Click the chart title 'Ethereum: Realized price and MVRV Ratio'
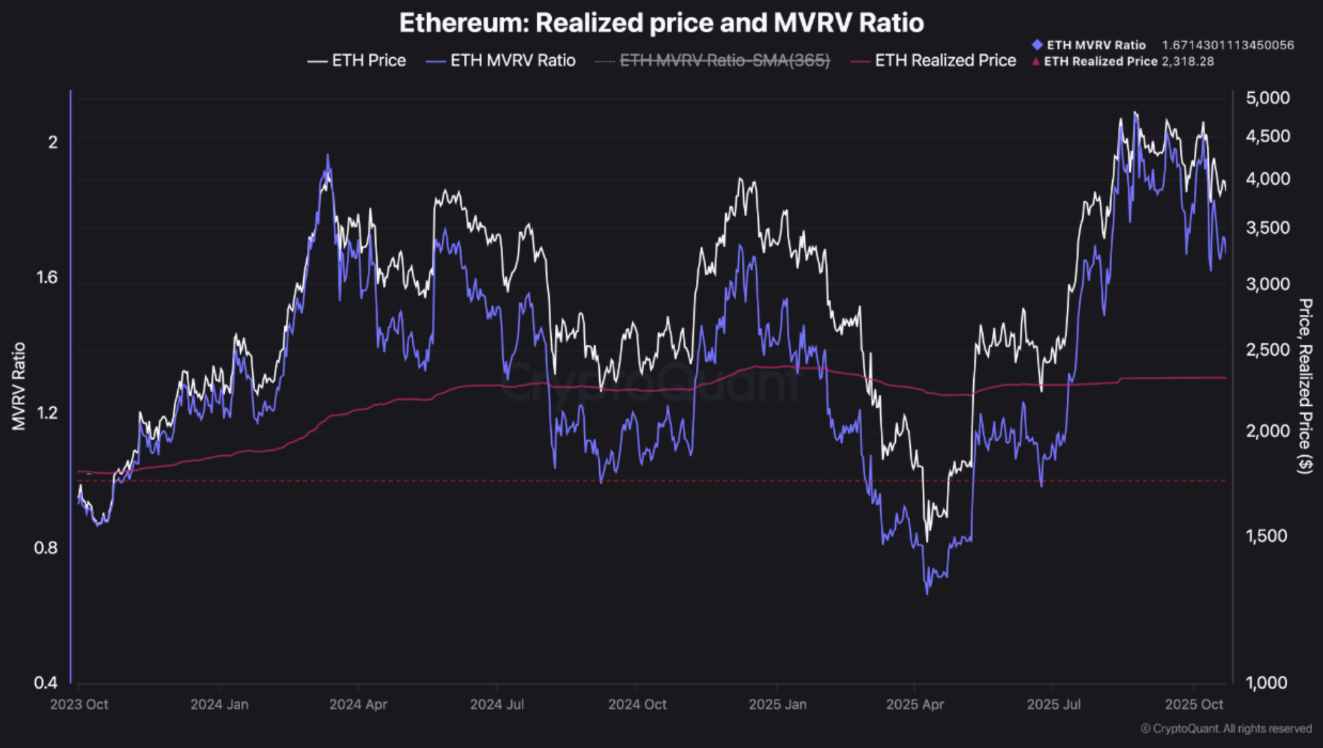[661, 23]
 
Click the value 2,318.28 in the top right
[1187, 62]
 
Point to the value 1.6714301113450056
[1228, 45]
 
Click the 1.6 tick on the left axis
[45, 277]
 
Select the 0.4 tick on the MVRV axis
[45, 682]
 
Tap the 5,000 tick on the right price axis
[1267, 98]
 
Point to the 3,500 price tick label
[1267, 228]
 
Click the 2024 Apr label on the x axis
[358, 704]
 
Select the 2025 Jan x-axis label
[777, 704]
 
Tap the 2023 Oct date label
[79, 704]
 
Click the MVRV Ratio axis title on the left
[19, 386]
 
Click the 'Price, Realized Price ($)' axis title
[1305, 386]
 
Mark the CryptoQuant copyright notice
[1226, 729]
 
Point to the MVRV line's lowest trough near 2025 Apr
[926, 592]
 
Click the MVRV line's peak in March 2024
[328, 156]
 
